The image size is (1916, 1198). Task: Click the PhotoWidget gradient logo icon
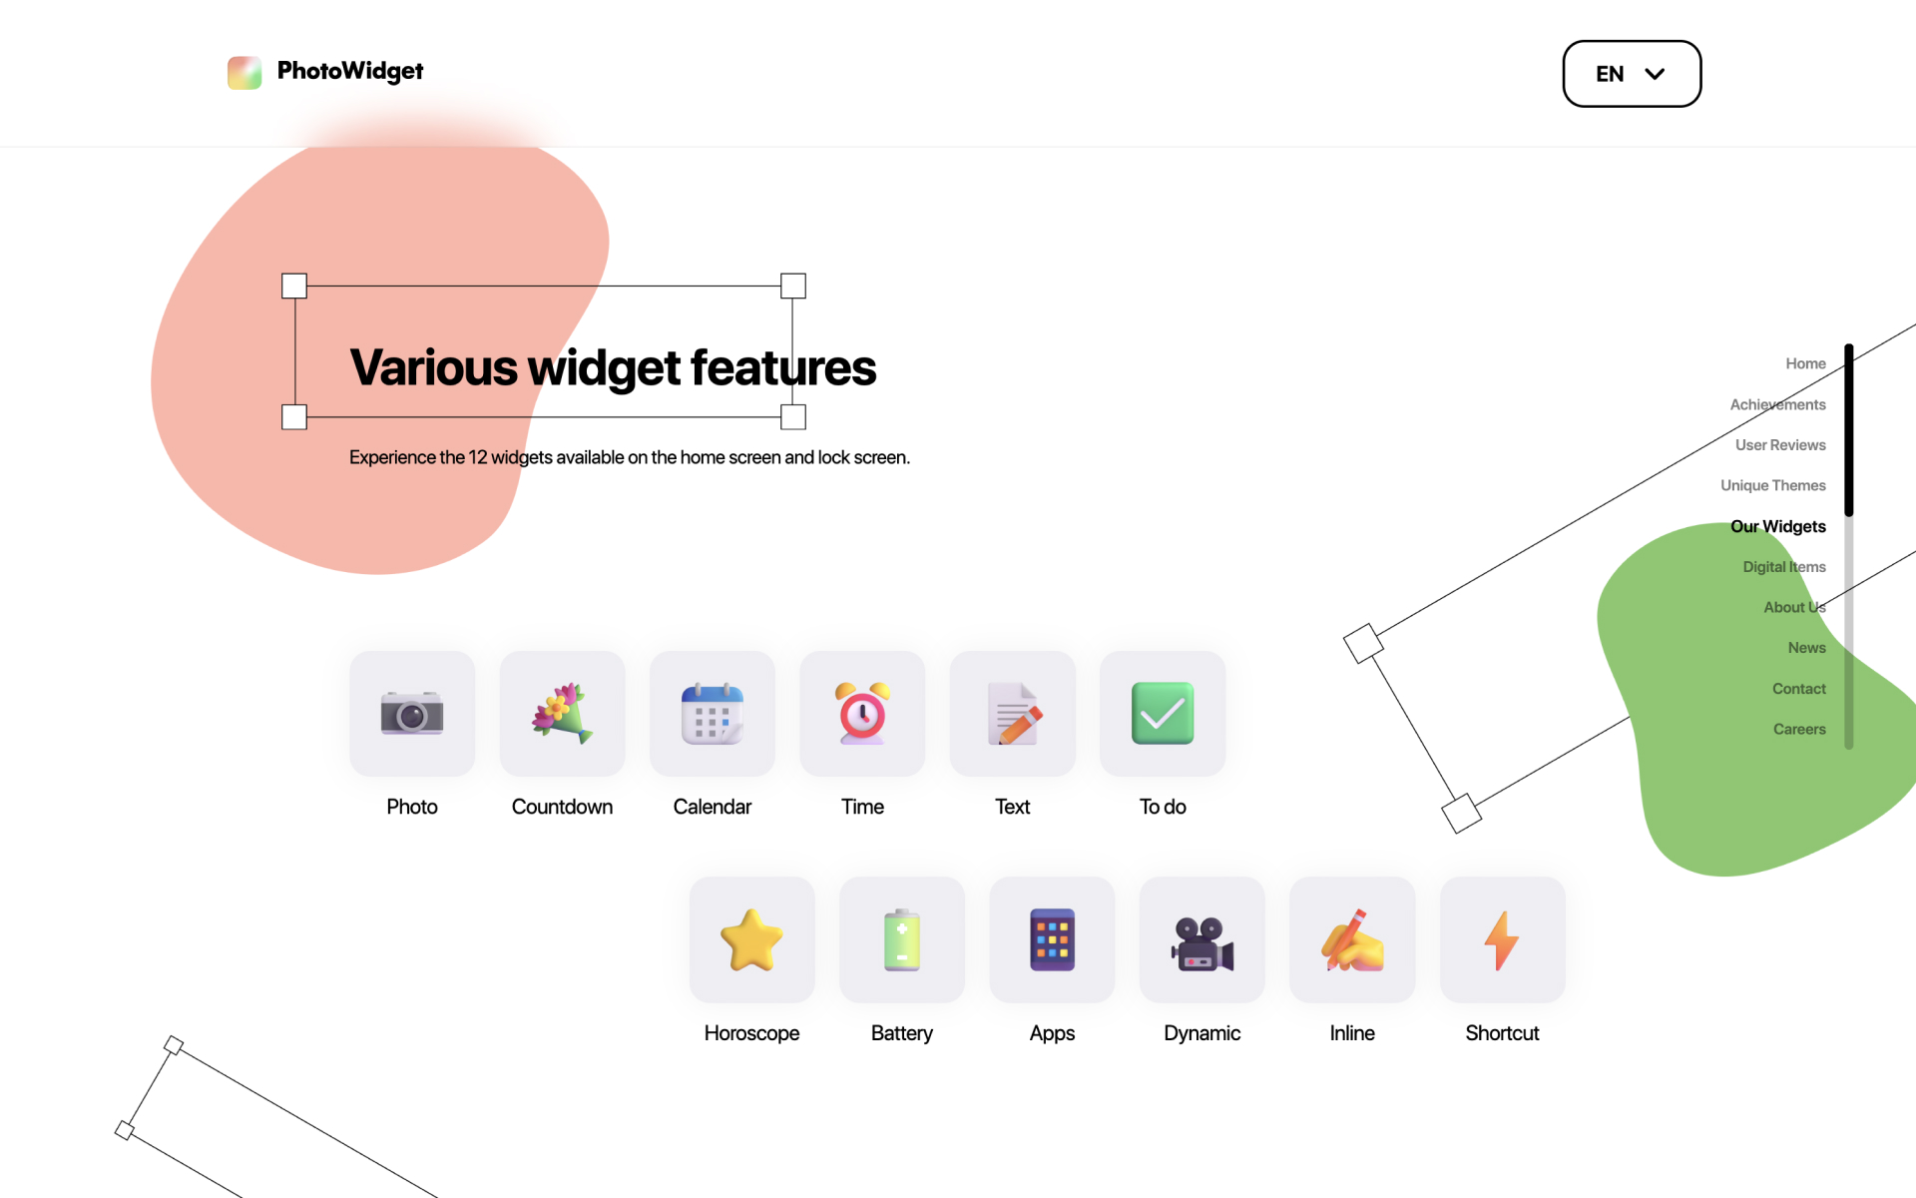244,72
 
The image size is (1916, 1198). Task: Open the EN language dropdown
1632,74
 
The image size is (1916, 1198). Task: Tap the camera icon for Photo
412,713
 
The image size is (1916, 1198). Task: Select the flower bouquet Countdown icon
562,713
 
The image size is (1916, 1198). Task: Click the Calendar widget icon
713,713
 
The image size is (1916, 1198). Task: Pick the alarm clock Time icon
862,713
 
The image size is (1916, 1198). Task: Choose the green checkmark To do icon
1163,713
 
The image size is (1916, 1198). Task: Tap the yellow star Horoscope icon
751,939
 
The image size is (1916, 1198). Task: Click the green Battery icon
902,939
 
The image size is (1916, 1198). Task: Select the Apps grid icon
1052,939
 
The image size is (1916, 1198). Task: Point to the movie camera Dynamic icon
1202,942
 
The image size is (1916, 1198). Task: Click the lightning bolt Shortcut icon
1502,939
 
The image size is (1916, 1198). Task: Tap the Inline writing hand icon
1352,939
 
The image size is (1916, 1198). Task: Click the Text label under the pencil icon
1012,807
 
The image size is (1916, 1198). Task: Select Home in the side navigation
1805,363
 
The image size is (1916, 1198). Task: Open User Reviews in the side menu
1780,445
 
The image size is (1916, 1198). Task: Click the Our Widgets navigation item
1777,526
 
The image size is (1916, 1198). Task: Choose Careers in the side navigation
1799,729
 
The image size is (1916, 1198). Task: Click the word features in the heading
783,367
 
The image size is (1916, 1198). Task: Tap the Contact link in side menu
1798,689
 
